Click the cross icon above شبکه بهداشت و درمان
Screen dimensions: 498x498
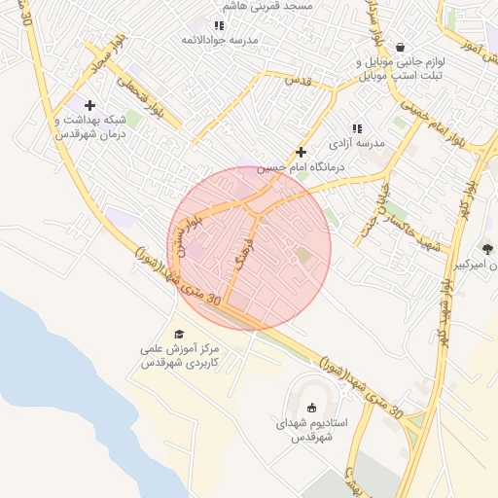point(90,105)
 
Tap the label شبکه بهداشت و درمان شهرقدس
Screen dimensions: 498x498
point(91,126)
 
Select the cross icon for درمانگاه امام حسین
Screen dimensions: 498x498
point(301,152)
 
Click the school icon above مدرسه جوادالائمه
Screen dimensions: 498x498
point(219,25)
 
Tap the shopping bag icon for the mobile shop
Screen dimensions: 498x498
point(400,46)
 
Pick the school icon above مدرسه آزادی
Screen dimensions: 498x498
point(357,127)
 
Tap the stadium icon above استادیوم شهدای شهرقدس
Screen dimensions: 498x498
point(311,409)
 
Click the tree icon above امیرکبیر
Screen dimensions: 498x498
point(487,248)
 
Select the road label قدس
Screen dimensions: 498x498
point(296,83)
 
